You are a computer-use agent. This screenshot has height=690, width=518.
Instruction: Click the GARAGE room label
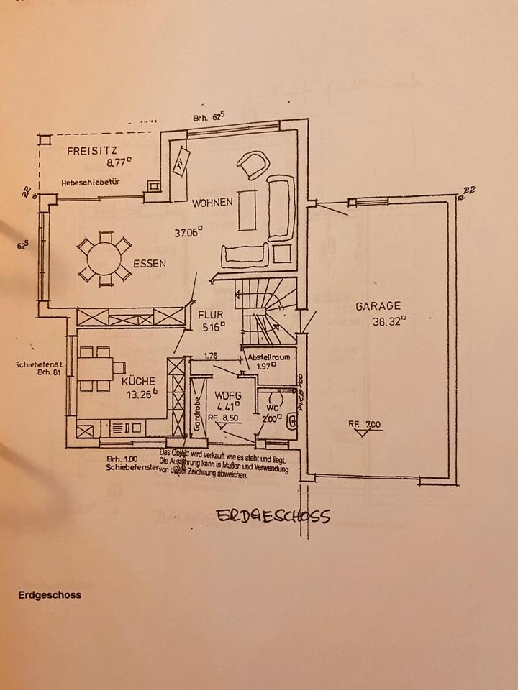pos(378,306)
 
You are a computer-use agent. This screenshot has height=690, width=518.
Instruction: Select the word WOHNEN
pos(212,203)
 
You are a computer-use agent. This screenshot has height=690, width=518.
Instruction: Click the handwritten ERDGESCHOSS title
pos(273,516)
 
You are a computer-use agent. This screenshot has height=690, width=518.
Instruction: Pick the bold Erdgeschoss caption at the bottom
pos(50,595)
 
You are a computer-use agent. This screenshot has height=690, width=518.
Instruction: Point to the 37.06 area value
pos(188,231)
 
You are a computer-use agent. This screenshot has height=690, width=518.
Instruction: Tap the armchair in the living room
pos(252,165)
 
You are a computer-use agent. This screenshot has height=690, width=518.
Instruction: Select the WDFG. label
pos(229,395)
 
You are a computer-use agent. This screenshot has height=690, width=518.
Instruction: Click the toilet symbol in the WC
pos(291,421)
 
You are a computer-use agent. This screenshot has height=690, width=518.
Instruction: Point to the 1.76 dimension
pos(210,356)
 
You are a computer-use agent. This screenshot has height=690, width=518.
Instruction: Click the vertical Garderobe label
pos(195,413)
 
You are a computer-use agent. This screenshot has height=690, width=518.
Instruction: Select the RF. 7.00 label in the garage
pos(364,425)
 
